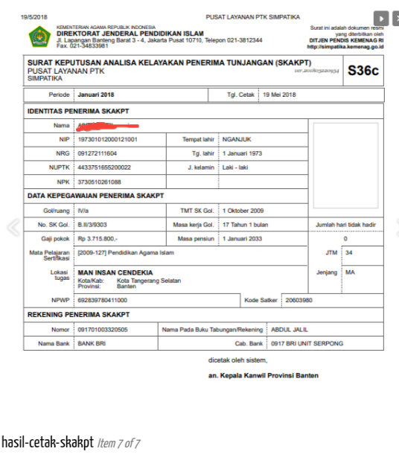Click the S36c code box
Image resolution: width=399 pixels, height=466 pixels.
pos(363,71)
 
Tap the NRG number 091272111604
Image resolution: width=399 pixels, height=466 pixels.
pos(98,153)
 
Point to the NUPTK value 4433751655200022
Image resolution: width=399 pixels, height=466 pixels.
pos(104,167)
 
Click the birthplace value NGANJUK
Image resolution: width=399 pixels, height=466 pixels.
pos(237,139)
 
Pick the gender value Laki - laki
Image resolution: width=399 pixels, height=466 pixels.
pos(237,167)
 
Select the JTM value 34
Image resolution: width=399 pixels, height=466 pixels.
pos(349,253)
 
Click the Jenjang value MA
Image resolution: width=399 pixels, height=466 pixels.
pos(350,272)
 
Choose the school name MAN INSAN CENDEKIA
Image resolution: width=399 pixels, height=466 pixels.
pos(115,272)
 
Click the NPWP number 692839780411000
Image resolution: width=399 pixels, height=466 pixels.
pos(103,300)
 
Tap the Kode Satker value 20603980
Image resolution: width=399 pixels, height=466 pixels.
pos(299,300)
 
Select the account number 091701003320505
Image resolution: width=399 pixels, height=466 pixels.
pos(103,328)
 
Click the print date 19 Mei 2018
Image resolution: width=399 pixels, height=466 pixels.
pos(279,95)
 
